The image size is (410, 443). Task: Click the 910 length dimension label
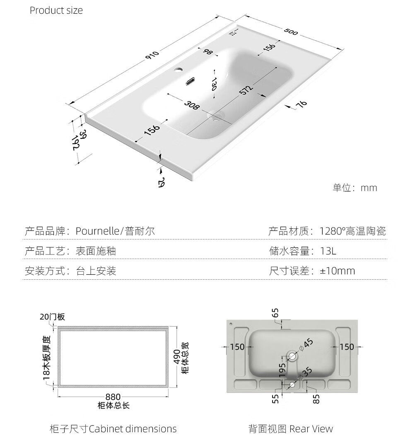point(152,55)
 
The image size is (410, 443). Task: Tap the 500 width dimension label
point(291,31)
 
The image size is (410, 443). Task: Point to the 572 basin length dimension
point(246,90)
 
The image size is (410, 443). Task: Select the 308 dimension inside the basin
point(192,105)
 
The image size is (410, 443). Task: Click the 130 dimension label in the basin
point(214,84)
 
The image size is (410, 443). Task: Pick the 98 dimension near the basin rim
point(207,52)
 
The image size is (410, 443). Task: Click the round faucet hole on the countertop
point(178,69)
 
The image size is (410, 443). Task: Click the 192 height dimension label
point(75,143)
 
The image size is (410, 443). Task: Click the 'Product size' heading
point(56,10)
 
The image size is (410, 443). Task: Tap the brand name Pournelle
point(97,231)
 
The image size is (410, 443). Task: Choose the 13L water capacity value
point(328,251)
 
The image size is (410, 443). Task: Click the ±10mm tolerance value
point(338,271)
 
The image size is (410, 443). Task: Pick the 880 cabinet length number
point(113,397)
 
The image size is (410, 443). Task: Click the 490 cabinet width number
point(177,357)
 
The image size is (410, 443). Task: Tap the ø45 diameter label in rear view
point(306,345)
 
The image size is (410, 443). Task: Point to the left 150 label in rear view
point(237,347)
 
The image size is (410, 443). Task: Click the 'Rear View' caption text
point(311,429)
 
